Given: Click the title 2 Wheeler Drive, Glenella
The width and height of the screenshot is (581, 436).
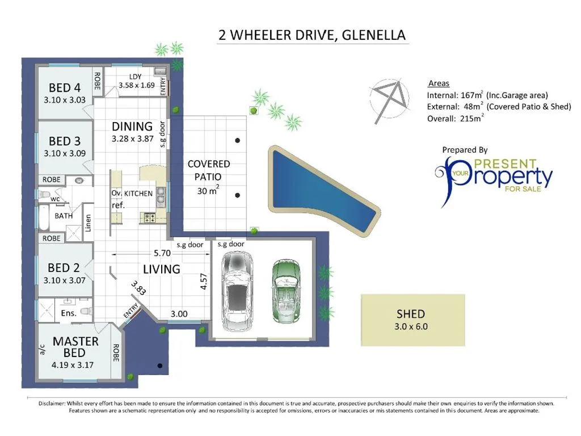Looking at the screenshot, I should (312, 35).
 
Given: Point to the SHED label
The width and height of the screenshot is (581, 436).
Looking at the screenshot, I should (411, 313).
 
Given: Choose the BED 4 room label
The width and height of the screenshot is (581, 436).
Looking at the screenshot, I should (65, 88).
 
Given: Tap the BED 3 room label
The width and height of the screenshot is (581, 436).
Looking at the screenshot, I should (65, 141).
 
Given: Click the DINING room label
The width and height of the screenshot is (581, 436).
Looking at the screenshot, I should (132, 127).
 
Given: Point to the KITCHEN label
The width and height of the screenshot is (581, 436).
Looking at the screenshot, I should (138, 194).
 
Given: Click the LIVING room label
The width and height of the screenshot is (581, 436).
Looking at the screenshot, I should (161, 269).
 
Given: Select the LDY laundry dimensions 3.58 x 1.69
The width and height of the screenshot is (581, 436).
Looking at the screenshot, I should (136, 86).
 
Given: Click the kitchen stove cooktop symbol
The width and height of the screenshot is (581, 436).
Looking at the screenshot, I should (151, 216).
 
